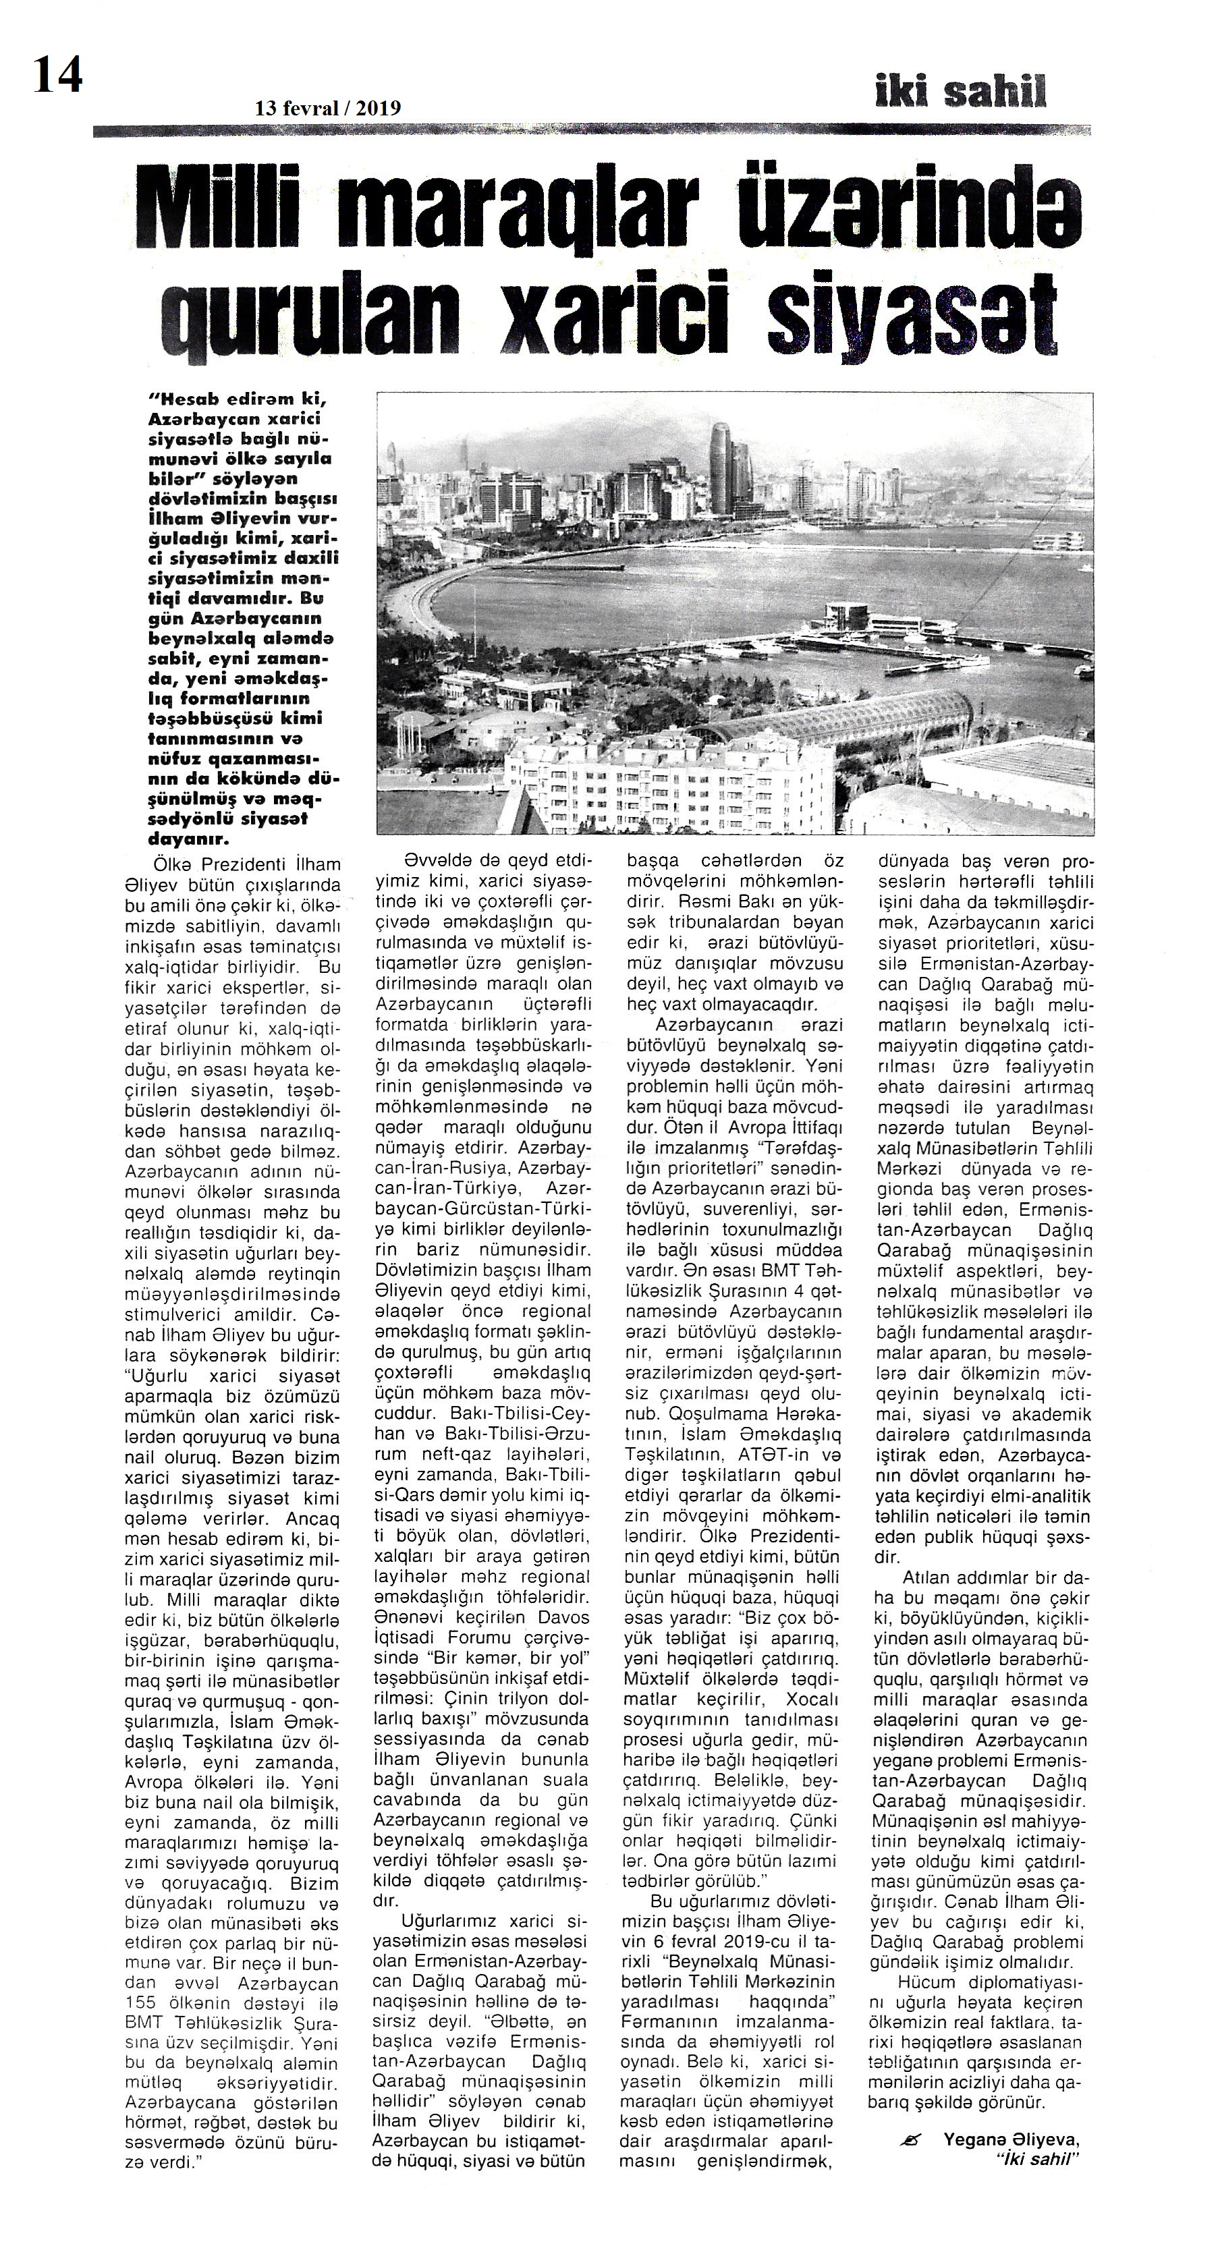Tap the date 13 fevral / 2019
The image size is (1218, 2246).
tap(328, 108)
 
